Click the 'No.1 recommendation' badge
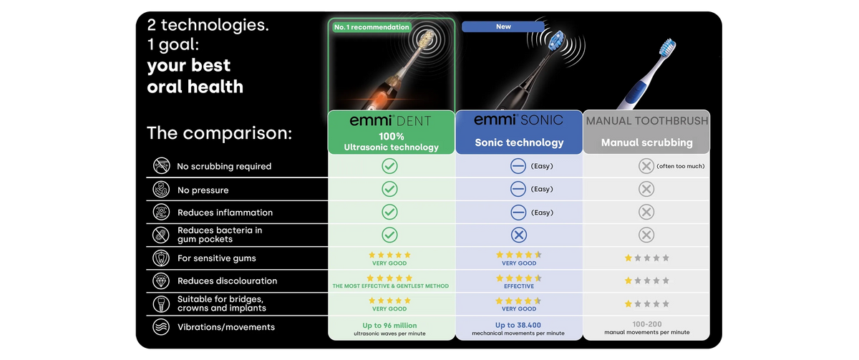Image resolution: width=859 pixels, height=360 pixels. (372, 27)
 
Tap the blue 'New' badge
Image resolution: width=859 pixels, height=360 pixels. (503, 26)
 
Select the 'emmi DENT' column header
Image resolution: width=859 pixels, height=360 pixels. (391, 132)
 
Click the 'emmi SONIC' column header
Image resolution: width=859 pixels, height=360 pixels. (519, 132)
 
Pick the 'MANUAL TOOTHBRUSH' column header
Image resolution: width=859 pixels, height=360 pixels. (646, 132)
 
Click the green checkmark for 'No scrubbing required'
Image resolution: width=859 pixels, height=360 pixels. (389, 166)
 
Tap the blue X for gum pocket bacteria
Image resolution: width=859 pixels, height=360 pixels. (518, 235)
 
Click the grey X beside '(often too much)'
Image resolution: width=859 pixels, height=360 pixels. (646, 166)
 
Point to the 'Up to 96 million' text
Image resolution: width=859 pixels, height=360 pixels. (389, 326)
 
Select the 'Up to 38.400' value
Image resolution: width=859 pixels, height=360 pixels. (518, 325)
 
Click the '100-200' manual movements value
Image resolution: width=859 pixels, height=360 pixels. (647, 324)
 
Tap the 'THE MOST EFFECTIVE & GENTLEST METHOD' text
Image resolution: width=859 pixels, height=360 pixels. (390, 286)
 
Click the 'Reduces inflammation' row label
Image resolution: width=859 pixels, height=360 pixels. (225, 213)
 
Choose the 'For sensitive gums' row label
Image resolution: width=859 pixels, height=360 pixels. (217, 258)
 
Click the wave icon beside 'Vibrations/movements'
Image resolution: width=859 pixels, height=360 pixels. (161, 327)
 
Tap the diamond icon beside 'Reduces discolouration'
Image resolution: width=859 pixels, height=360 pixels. (161, 281)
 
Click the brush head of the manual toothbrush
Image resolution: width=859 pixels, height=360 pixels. (667, 48)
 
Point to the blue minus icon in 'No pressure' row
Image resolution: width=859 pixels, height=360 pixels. (518, 189)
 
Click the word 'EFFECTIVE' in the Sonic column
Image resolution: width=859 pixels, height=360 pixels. (519, 286)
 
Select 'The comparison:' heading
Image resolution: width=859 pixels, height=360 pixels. (219, 133)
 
